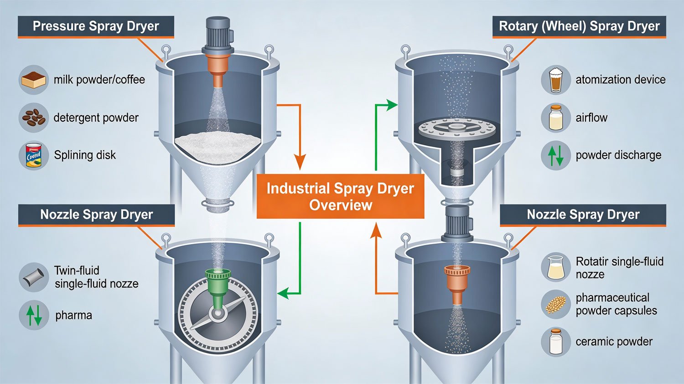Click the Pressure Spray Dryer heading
tap(96, 26)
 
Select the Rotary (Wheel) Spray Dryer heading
tap(579, 26)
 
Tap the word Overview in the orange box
tap(341, 205)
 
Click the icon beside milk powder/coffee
tap(34, 80)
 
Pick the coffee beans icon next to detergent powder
tap(34, 118)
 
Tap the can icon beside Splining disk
tap(34, 155)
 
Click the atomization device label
tap(620, 80)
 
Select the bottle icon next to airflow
tap(556, 118)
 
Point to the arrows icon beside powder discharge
tap(556, 155)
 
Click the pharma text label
tap(73, 315)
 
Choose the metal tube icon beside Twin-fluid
tap(34, 277)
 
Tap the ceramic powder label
tap(614, 342)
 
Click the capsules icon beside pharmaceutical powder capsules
tap(556, 304)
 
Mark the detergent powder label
tap(96, 118)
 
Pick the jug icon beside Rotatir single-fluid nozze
tap(556, 267)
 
